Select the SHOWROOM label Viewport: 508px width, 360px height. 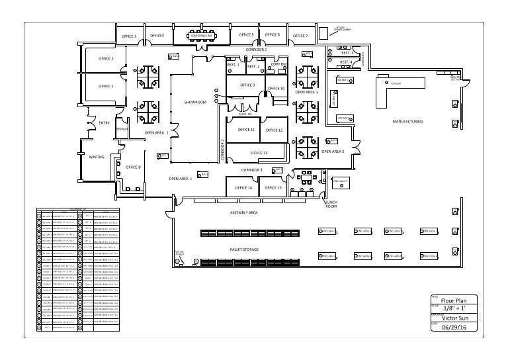pyautogui.click(x=195, y=103)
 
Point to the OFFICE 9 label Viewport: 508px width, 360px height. pyautogui.click(x=247, y=85)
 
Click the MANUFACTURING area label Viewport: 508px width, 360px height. pyautogui.click(x=407, y=122)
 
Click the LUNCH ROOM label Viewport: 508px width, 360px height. pyautogui.click(x=331, y=204)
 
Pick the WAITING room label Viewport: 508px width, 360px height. pyautogui.click(x=97, y=157)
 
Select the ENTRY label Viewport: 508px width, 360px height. pyautogui.click(x=104, y=123)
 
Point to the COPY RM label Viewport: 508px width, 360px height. pyautogui.click(x=279, y=64)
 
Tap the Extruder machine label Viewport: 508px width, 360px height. pyautogui.click(x=396, y=84)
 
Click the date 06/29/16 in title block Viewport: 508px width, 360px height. pyautogui.click(x=454, y=326)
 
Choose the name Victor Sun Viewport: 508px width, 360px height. pyautogui.click(x=454, y=317)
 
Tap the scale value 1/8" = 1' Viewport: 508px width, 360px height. pyautogui.click(x=454, y=308)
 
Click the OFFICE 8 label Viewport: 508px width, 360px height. pyautogui.click(x=133, y=167)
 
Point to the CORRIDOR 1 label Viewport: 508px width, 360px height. pyautogui.click(x=256, y=50)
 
